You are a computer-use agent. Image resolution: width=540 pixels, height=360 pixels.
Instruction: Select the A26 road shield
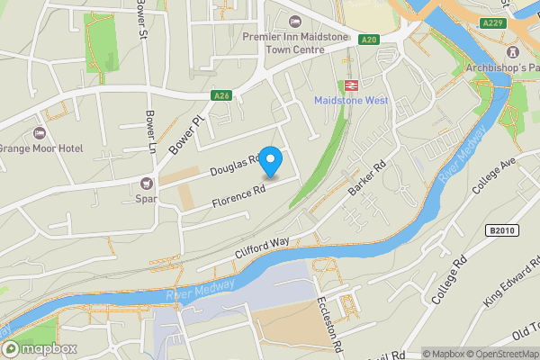tap(221, 95)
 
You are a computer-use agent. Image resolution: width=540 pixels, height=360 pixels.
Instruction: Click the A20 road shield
tap(369, 40)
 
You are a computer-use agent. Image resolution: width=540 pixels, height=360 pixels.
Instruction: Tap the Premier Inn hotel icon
tap(293, 22)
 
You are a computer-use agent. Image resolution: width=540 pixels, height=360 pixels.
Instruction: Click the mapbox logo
tap(40, 348)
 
